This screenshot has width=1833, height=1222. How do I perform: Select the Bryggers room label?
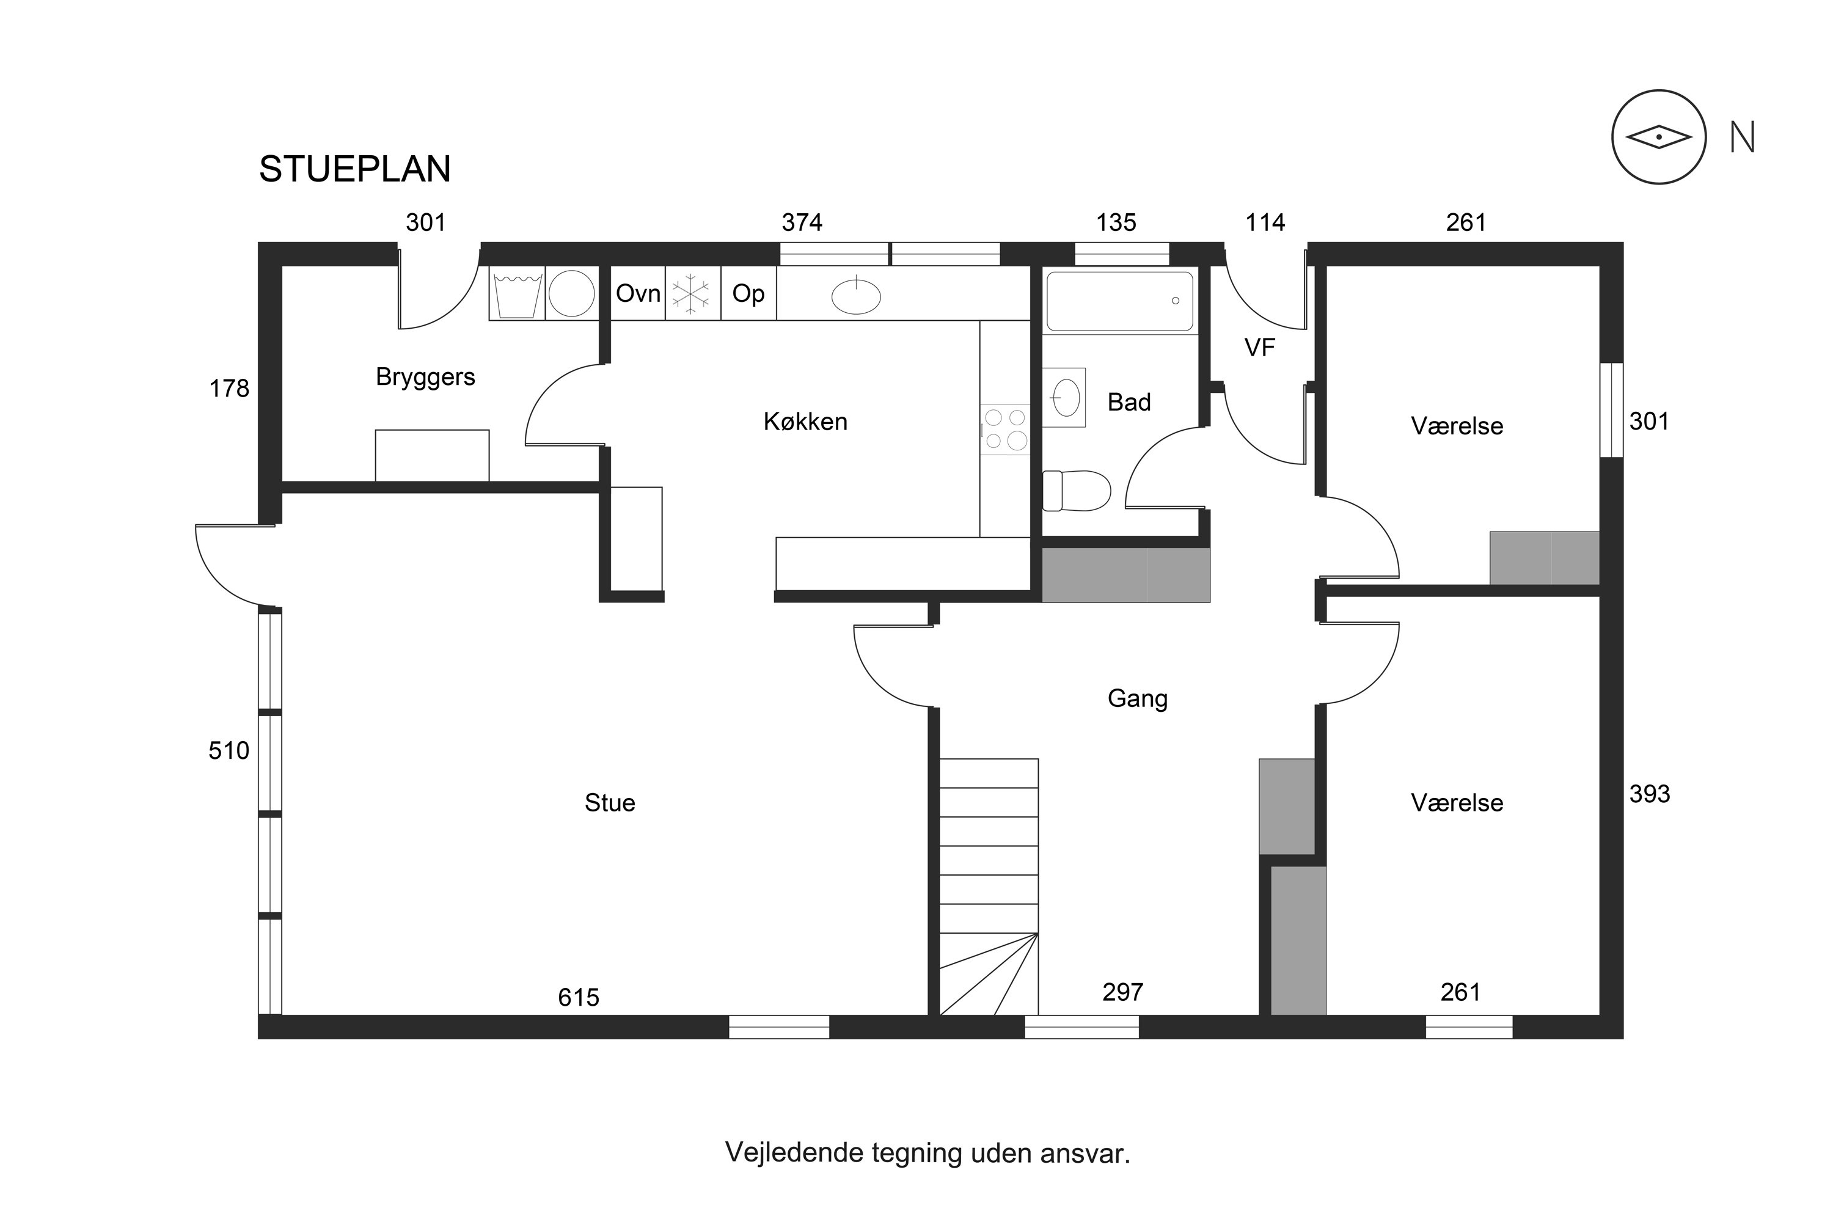(425, 377)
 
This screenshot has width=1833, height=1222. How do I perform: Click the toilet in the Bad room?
(1078, 491)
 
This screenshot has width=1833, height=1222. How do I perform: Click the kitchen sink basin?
(856, 296)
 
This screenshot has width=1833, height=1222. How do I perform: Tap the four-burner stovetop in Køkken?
(1005, 430)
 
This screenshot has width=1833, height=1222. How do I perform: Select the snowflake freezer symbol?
(691, 294)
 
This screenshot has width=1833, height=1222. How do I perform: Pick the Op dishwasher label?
(748, 294)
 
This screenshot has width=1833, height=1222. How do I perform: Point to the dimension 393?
(1649, 794)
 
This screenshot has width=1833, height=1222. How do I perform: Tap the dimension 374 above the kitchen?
(802, 223)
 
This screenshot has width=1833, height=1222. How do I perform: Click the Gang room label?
(1137, 698)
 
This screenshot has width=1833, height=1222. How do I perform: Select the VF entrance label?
(1259, 348)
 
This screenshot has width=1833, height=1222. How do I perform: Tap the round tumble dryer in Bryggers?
(571, 294)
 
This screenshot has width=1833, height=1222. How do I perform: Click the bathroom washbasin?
(1064, 398)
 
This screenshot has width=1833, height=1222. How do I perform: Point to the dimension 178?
(229, 388)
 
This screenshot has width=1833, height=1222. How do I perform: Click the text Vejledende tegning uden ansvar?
(927, 1152)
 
